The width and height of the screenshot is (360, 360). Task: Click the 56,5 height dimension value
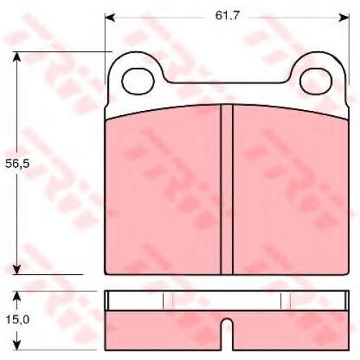(17, 163)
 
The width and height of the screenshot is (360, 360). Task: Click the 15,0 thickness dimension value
(17, 320)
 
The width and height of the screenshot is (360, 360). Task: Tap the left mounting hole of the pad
(138, 81)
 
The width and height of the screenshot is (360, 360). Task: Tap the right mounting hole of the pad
(316, 81)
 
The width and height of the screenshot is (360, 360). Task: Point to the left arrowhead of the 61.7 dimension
(110, 17)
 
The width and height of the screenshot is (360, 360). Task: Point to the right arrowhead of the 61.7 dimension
(343, 17)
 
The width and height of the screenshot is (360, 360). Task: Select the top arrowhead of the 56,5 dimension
(17, 57)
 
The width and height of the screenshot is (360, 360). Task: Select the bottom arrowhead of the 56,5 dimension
(17, 269)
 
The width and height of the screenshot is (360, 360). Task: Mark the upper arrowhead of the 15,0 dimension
(17, 297)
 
